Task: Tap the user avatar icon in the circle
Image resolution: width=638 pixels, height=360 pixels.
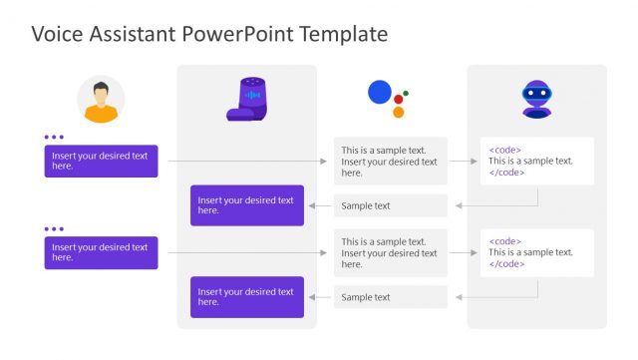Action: click(101, 100)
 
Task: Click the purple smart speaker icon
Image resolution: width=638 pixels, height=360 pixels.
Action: click(247, 99)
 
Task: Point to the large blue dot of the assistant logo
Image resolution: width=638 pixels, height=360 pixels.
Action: click(380, 93)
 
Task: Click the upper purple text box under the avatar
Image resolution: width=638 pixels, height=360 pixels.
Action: click(101, 161)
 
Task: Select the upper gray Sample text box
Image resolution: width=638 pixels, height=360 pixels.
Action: click(391, 206)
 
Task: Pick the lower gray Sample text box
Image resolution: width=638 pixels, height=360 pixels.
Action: click(391, 297)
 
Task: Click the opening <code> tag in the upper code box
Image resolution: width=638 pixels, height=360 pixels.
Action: click(504, 150)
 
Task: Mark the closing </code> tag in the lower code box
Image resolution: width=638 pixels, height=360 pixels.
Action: click(506, 264)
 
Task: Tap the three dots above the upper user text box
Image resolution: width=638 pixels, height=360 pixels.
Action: click(54, 137)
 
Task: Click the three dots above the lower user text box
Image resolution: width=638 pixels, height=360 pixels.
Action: click(54, 228)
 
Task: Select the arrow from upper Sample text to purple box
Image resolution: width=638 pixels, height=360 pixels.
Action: click(319, 206)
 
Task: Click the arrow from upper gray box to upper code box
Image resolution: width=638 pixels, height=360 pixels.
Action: click(464, 161)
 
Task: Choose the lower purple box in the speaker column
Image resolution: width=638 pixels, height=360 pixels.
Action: click(247, 297)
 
